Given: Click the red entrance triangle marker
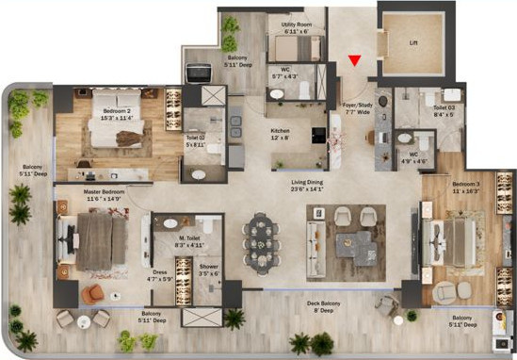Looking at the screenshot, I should click(354, 61).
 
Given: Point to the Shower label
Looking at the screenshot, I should click(208, 270).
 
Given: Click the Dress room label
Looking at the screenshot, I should click(157, 275).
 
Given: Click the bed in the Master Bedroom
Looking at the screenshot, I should click(94, 239).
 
